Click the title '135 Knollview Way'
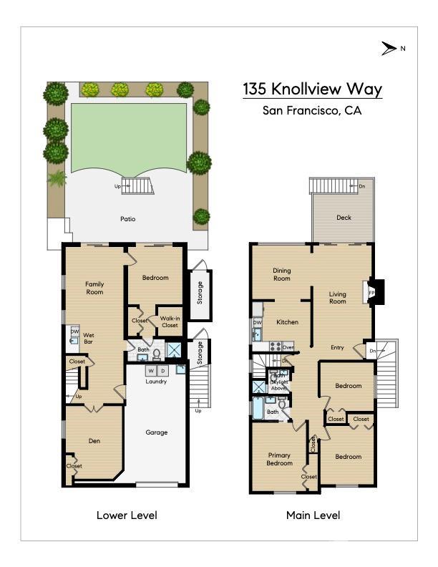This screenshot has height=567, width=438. (312, 89)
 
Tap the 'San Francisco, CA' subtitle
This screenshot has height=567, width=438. (312, 110)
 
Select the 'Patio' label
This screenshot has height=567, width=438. (127, 219)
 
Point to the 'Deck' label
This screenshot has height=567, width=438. (344, 218)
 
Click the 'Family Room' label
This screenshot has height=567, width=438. (94, 288)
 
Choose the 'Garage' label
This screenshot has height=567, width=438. (157, 432)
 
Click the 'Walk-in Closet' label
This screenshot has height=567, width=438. (170, 321)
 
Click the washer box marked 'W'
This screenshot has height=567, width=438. (151, 371)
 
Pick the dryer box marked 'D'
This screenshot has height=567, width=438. (163, 371)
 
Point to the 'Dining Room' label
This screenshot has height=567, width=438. (281, 274)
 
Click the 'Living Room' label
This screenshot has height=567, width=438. (337, 297)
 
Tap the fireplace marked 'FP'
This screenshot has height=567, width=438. (372, 292)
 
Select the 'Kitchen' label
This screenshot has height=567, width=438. (287, 322)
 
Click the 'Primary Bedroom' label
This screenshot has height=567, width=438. (279, 459)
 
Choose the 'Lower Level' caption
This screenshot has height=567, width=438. (127, 515)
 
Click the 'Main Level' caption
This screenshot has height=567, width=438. (313, 515)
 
